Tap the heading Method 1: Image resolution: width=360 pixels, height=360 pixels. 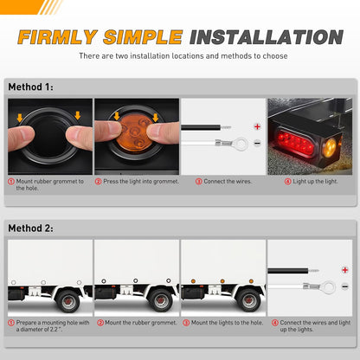click(x=30, y=87)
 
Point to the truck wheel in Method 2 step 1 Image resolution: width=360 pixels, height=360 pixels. click(x=69, y=302)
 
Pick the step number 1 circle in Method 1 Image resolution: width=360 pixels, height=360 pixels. click(x=11, y=182)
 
